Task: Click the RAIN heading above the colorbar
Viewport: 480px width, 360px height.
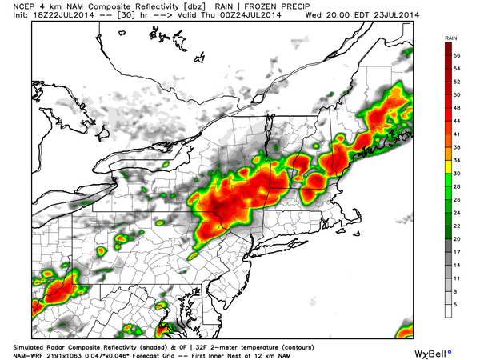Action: pyautogui.click(x=452, y=38)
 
